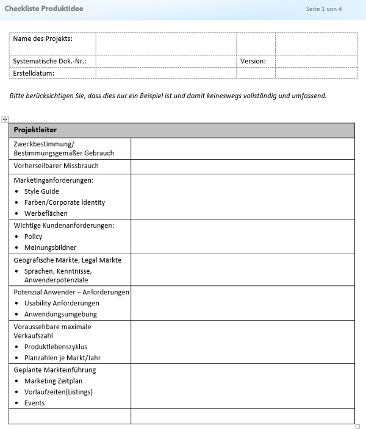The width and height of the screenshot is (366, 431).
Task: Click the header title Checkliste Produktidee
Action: (44, 9)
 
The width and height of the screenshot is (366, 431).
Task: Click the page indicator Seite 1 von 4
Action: (323, 9)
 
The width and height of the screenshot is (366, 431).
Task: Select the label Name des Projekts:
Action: (43, 39)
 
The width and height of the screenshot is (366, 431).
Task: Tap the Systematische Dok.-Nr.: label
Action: (49, 62)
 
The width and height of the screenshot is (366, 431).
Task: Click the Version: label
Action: (253, 62)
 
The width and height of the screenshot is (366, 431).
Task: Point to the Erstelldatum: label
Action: (34, 73)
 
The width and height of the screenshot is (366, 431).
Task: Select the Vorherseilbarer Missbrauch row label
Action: (56, 166)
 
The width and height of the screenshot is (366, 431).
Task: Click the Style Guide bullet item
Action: (41, 191)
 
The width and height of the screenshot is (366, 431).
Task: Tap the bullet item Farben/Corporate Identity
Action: (65, 202)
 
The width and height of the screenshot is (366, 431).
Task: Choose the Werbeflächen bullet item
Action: (46, 213)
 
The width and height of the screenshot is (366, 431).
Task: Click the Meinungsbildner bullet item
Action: (51, 248)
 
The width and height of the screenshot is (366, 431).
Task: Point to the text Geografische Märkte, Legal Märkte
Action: (67, 260)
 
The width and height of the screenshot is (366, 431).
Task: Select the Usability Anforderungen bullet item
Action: (62, 303)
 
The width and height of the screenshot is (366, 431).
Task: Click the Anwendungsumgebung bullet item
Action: (60, 314)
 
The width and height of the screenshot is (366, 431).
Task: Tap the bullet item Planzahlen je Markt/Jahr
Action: (63, 357)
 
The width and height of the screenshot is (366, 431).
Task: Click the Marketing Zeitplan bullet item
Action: (53, 381)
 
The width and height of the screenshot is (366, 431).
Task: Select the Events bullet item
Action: (34, 403)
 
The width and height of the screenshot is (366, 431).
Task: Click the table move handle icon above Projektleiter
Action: (5, 119)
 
